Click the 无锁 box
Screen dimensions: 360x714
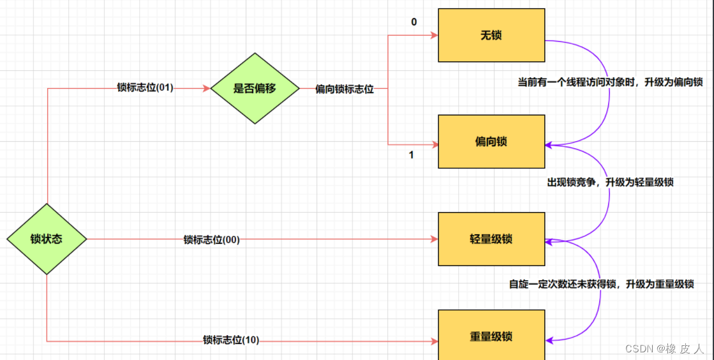pos(491,35)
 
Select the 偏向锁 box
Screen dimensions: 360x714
pos(491,141)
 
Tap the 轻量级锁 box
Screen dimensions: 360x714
pos(491,239)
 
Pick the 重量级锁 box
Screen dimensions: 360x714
pos(491,336)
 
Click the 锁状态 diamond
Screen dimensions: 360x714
pos(47,239)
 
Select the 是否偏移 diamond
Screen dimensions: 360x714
pos(255,89)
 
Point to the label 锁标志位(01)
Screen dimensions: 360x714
pos(145,87)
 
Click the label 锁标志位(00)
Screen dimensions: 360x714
pos(212,239)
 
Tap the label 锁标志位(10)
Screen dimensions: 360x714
pos(231,340)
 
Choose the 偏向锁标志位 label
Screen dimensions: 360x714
pos(345,89)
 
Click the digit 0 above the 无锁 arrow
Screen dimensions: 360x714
pos(414,22)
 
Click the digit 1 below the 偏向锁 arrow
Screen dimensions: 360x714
pos(411,154)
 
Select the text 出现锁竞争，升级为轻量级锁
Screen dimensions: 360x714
pos(610,182)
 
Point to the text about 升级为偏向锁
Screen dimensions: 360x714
pos(610,82)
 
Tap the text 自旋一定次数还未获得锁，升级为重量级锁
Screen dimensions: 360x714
pos(601,284)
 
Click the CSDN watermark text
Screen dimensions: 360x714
pos(664,349)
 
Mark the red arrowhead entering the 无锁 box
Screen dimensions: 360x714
pos(434,35)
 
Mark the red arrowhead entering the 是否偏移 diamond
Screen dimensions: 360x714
pos(207,89)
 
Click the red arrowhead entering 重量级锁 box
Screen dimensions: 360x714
pos(434,341)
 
